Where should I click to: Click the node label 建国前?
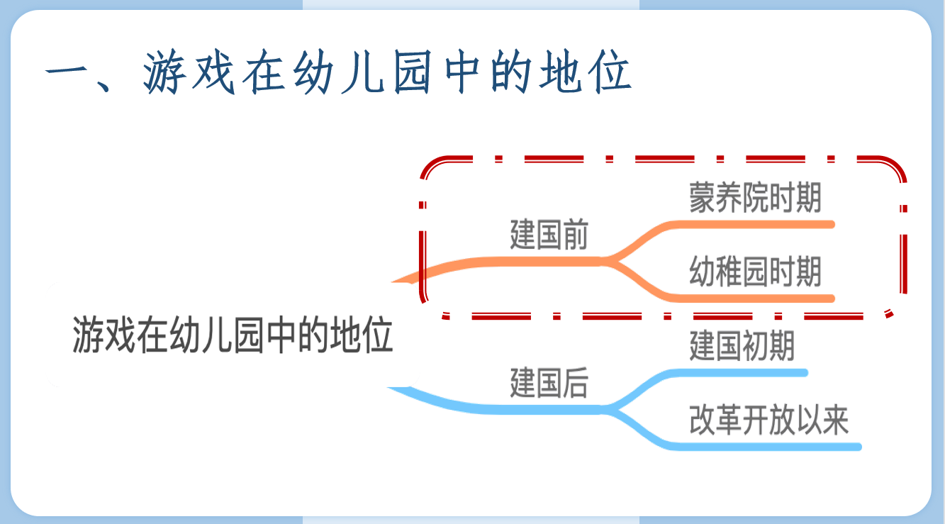[x=549, y=235]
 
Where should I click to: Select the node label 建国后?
[x=549, y=383]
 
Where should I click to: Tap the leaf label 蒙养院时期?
[x=755, y=198]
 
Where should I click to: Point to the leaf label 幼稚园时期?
[x=755, y=272]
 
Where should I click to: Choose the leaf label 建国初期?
[x=742, y=346]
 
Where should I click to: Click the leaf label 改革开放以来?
[x=768, y=420]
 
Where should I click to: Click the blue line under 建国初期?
[x=737, y=373]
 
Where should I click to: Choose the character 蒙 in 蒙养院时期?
[x=702, y=198]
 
